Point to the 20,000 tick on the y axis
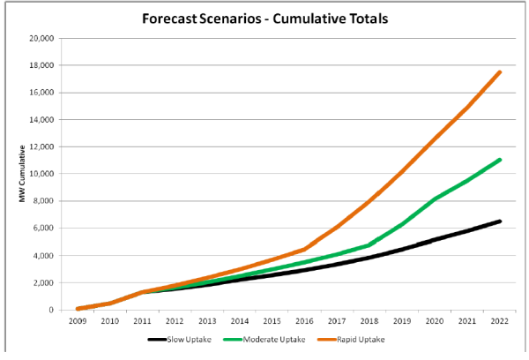coord(41,38)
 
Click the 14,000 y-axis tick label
coord(41,119)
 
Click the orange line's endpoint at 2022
coord(500,72)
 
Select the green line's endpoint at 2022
coord(500,160)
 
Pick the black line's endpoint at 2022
coord(500,221)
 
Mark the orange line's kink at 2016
coord(304,250)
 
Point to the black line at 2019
coord(402,249)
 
